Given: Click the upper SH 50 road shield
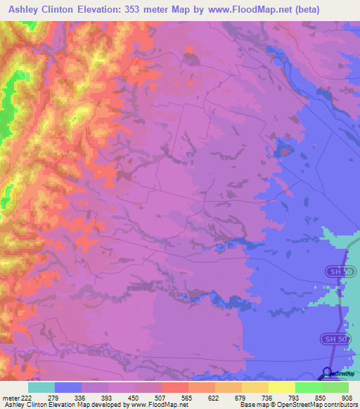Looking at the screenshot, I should point(337,271).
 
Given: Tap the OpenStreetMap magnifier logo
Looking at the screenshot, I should point(328,373).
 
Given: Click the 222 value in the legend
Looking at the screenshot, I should point(27,397).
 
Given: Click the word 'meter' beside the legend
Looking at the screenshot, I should point(10,397).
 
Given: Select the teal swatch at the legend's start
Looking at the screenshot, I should point(41,387).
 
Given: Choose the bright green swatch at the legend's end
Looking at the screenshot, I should point(335,387).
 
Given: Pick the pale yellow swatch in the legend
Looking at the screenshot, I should point(282,387).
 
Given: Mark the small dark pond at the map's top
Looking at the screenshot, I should point(190,58).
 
